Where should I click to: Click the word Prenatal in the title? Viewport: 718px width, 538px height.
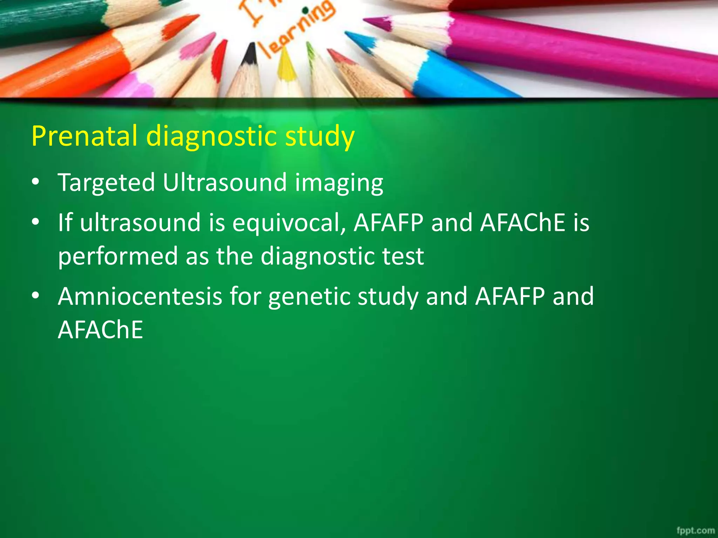[x=84, y=136]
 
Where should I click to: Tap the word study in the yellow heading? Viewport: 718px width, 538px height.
[x=320, y=137]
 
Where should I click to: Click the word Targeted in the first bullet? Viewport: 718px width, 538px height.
[x=106, y=183]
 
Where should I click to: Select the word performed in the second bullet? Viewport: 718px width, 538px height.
[x=117, y=256]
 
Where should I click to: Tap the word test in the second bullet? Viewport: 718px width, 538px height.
[x=403, y=256]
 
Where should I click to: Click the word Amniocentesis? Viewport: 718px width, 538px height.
[x=140, y=296]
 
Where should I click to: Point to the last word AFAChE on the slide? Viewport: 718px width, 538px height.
[x=101, y=330]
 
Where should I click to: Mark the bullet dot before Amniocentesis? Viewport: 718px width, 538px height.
[x=35, y=296]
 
